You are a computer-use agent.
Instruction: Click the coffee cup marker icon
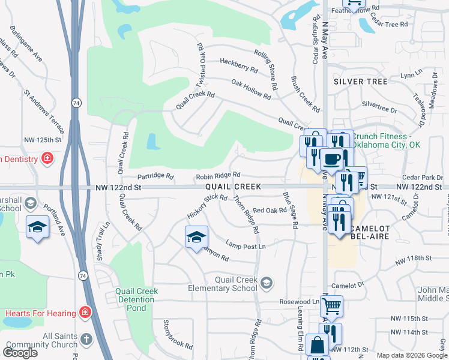(331, 160)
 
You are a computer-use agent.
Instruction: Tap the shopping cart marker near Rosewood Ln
(331, 306)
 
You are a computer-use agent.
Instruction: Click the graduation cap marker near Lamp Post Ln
(196, 238)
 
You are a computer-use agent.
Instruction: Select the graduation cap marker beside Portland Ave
(37, 227)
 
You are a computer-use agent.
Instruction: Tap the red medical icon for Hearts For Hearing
(85, 313)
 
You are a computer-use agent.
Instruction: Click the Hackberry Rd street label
(238, 62)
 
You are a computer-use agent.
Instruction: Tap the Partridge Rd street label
(155, 177)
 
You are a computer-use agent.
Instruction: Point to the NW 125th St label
(43, 140)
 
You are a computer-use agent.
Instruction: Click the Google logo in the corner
(20, 353)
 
